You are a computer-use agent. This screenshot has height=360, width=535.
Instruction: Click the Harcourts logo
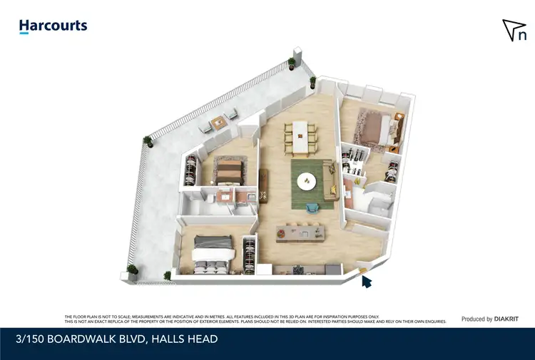coord(53,26)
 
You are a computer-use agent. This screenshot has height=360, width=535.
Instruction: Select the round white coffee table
coord(307,181)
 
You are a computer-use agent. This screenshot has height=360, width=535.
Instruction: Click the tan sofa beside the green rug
coord(330,180)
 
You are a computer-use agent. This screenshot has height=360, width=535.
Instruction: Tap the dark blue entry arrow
coord(367,282)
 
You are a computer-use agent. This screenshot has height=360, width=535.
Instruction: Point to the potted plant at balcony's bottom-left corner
coord(131,270)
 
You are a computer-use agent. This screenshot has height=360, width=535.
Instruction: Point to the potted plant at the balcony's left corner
coord(148,140)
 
